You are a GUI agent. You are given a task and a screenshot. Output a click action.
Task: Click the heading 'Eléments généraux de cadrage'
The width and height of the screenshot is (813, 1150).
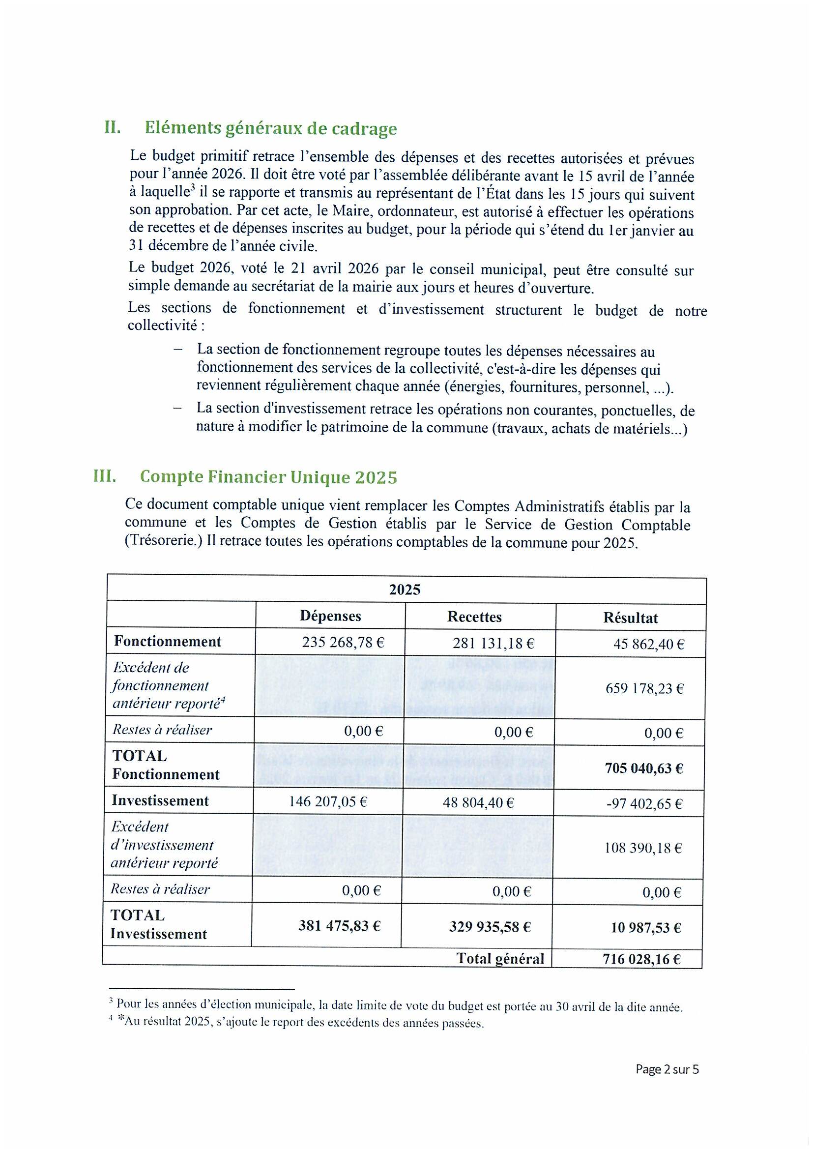(270, 129)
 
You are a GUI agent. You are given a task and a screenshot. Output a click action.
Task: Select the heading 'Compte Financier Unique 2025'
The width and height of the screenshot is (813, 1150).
(268, 477)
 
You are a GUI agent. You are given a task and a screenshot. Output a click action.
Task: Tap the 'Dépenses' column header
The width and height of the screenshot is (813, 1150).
(330, 616)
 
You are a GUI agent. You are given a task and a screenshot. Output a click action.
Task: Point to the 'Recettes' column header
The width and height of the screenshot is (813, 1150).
(474, 617)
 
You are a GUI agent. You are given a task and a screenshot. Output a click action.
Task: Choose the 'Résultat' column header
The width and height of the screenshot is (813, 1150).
(630, 618)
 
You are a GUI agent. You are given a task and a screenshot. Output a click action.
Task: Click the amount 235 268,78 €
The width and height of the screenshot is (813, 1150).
(343, 643)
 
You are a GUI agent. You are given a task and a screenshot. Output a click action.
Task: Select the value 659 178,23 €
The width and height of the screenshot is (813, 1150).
(644, 688)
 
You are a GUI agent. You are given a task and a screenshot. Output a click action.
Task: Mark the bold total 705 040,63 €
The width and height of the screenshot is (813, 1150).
(644, 768)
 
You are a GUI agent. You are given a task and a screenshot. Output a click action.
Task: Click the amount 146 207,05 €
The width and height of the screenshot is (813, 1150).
(328, 802)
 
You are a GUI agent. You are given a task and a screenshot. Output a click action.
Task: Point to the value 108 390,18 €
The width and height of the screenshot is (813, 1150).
(643, 848)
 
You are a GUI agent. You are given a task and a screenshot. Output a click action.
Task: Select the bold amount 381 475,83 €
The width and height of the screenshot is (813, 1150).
(340, 926)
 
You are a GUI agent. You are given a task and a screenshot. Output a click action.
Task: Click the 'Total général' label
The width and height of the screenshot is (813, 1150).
(499, 959)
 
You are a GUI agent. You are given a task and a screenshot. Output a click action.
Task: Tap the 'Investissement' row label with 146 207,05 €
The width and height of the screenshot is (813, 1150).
(160, 800)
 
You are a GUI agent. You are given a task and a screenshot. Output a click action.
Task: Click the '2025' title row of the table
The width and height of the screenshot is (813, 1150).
(405, 590)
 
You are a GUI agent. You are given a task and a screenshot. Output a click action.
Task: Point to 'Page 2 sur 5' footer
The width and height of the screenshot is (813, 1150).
(667, 1069)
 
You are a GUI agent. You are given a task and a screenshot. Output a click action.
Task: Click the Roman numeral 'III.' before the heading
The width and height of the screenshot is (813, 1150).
(105, 476)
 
